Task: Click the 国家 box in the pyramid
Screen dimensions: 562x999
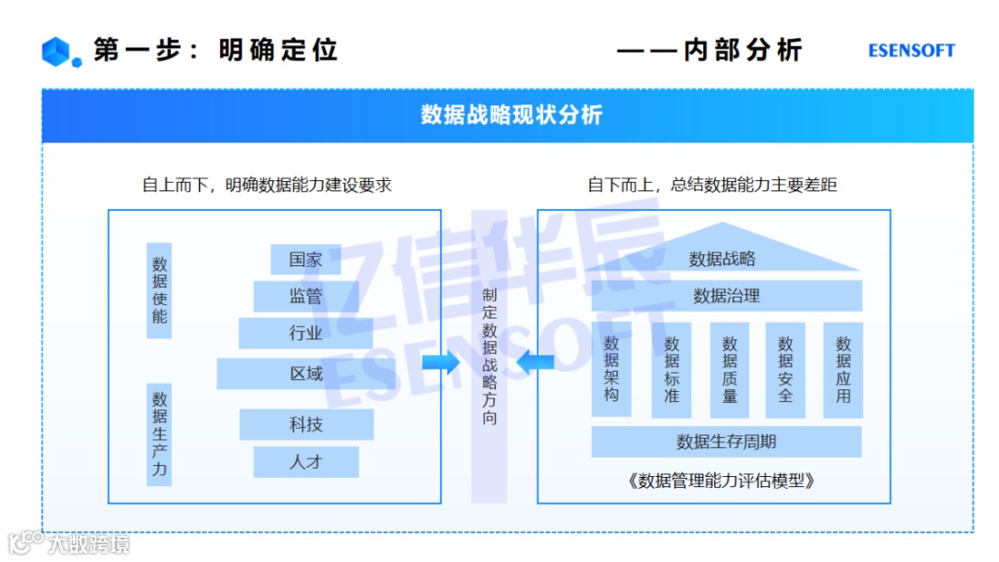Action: (x=305, y=260)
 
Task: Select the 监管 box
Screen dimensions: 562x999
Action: (x=305, y=297)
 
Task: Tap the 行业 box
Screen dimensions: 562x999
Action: (x=305, y=334)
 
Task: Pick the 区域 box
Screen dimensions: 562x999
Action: (x=305, y=373)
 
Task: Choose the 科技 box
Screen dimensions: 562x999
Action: (x=305, y=425)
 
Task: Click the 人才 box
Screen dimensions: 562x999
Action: (x=305, y=461)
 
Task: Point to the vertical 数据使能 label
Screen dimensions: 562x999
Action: (x=160, y=290)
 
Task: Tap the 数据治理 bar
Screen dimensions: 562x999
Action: (x=726, y=296)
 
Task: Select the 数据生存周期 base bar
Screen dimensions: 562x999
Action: (x=726, y=441)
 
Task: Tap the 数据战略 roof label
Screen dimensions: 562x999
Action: (x=722, y=259)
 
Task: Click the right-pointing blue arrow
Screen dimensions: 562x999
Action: (x=440, y=362)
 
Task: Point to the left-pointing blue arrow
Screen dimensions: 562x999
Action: (x=536, y=362)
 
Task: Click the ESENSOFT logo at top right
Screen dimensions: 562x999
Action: (x=911, y=51)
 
